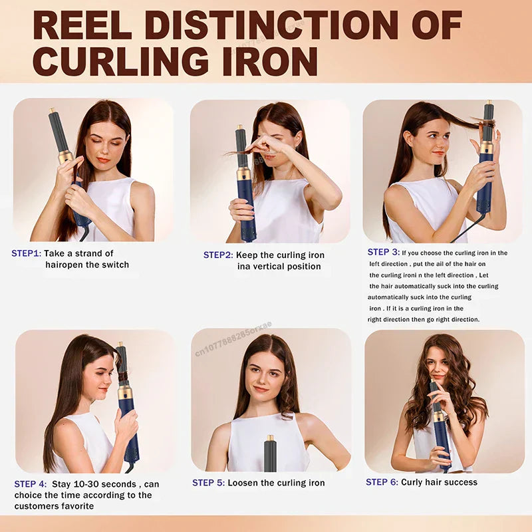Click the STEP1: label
(x=26, y=253)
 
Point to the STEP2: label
(x=217, y=255)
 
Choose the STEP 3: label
(x=384, y=252)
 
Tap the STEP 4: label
(x=31, y=484)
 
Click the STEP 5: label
(x=208, y=483)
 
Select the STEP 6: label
(x=382, y=481)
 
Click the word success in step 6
(x=458, y=481)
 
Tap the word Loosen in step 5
(x=244, y=483)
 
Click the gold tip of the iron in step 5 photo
(x=270, y=438)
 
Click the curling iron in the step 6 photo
(x=440, y=426)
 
